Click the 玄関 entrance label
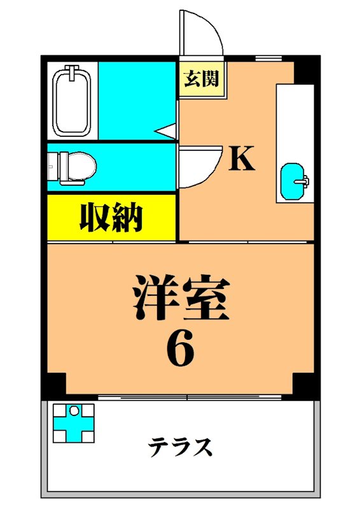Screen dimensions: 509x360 point(202,79)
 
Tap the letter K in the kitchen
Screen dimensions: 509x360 point(242,159)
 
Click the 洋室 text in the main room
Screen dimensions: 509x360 point(180,298)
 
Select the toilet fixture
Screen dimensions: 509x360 point(75,167)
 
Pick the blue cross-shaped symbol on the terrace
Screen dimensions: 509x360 point(73,422)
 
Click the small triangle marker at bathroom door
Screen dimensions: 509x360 point(166,132)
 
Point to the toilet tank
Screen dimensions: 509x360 point(53,167)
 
